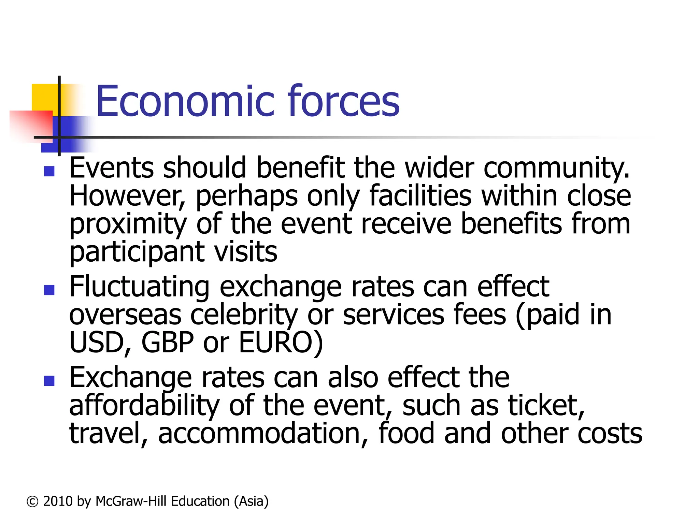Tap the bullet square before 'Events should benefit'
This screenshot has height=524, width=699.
[49, 171]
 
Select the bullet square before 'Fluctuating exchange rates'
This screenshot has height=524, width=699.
[49, 290]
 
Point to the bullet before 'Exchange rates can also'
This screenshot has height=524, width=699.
[49, 381]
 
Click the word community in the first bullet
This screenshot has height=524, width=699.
[556, 168]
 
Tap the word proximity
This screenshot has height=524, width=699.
[128, 224]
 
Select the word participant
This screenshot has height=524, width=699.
[137, 252]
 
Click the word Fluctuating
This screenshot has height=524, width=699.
[139, 287]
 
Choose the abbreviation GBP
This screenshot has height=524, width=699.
[168, 343]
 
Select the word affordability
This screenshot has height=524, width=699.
[144, 406]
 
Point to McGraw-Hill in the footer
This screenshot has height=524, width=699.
[131, 501]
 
